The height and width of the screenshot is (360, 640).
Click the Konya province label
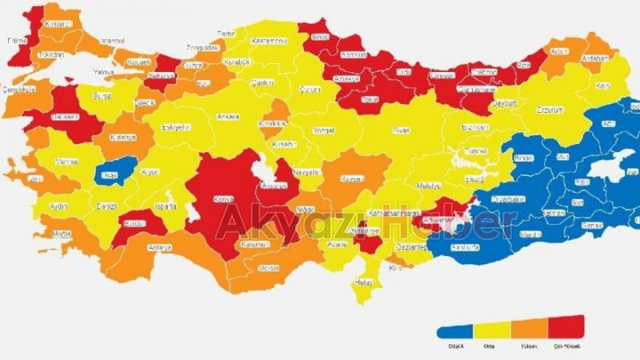click(x=222, y=199)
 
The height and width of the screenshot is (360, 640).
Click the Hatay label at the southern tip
click(x=364, y=282)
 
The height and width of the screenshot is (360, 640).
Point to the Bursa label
click(x=102, y=95)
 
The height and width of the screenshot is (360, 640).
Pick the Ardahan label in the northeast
click(x=596, y=58)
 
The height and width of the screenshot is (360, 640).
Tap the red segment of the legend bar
click(x=566, y=324)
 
